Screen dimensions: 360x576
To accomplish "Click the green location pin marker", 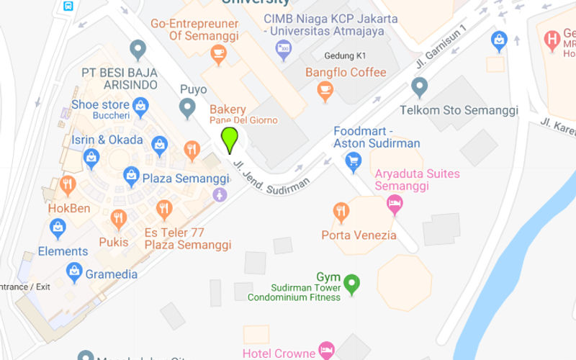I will [x=230, y=139].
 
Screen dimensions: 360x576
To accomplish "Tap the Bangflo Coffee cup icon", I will [x=325, y=90].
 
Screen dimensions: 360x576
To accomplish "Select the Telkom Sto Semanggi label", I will [x=459, y=110].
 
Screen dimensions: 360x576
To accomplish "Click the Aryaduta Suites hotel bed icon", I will [x=395, y=204].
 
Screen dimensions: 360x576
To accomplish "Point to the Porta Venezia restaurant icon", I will [x=341, y=212].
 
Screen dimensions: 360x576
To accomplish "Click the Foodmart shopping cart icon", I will [x=353, y=162].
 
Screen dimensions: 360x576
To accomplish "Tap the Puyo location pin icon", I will [x=187, y=108].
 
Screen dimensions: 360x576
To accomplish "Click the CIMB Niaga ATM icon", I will [x=283, y=49].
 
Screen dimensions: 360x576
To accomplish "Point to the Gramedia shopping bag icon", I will [x=73, y=271].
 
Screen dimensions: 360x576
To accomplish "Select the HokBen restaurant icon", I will [x=68, y=184].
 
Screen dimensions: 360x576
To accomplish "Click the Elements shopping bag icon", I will [x=58, y=228].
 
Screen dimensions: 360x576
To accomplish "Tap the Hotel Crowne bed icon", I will [x=326, y=351].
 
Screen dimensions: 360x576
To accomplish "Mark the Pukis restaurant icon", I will [x=119, y=218].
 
